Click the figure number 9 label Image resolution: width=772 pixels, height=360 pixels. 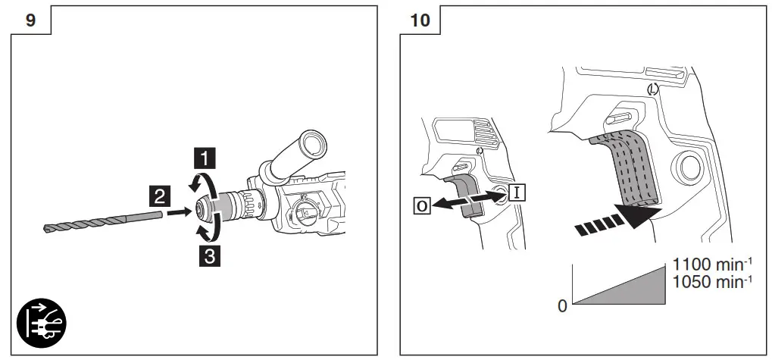pos(30,20)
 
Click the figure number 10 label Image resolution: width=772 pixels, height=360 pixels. pos(419,20)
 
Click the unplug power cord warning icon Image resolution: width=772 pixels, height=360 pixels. pos(42,321)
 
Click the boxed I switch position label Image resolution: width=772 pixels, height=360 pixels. pos(517,192)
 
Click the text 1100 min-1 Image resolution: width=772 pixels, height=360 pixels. pos(712,266)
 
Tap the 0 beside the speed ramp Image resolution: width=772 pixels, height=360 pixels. pos(561,306)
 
